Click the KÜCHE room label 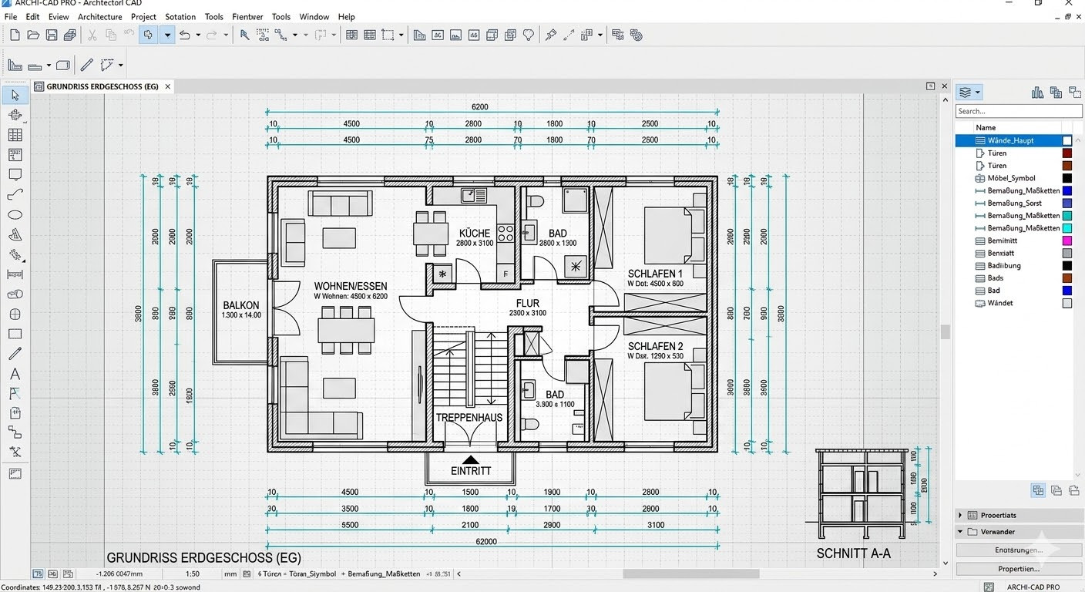pos(475,233)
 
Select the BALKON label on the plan pos(241,305)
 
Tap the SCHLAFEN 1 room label pos(655,274)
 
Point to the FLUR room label pos(528,303)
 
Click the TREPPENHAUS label pos(469,417)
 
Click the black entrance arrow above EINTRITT pos(470,459)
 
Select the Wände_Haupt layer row pos(1010,140)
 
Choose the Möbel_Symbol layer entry pos(1011,178)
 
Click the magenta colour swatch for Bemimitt pos(1067,241)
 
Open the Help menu pos(347,17)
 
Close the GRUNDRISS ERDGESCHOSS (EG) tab pos(168,86)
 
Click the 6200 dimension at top pos(479,107)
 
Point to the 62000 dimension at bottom pos(486,542)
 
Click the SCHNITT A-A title pos(853,553)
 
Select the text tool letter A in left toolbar pos(15,374)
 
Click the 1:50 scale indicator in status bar pos(193,573)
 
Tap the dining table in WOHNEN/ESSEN pos(346,330)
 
